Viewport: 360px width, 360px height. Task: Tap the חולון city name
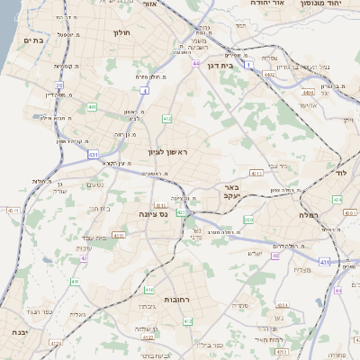coord(122,33)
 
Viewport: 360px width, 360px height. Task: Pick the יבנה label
coord(18,331)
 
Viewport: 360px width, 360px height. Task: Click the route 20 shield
coord(59,85)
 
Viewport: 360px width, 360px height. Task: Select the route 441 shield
coord(92,107)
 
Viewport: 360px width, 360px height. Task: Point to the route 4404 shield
coord(309,92)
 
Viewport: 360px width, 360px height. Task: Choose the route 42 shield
coord(84,257)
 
